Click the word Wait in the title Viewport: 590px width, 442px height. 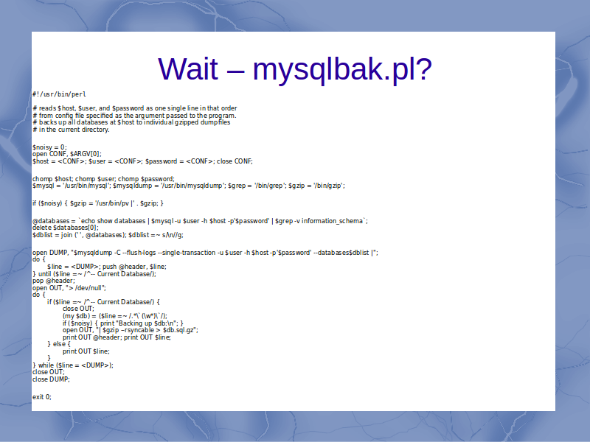point(188,69)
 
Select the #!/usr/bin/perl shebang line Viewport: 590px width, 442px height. point(59,94)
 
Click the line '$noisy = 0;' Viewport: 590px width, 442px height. point(49,147)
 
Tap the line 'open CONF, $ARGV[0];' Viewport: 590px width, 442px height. point(67,154)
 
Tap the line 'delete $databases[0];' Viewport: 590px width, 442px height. point(66,228)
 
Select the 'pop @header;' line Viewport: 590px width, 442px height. point(54,281)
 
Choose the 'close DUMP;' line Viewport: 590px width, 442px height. point(51,379)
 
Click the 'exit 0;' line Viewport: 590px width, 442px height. point(42,397)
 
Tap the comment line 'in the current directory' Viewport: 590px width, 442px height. point(71,130)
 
